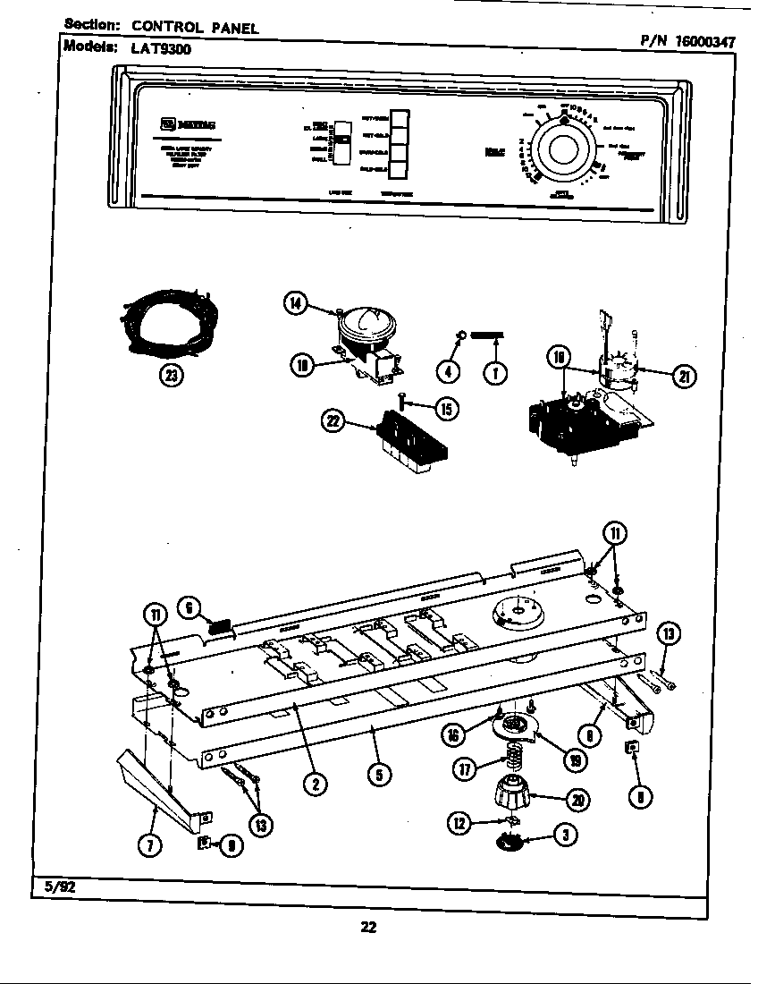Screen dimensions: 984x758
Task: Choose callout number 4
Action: click(451, 372)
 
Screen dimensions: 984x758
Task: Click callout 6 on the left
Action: click(189, 607)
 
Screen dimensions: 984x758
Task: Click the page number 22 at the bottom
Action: click(368, 927)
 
